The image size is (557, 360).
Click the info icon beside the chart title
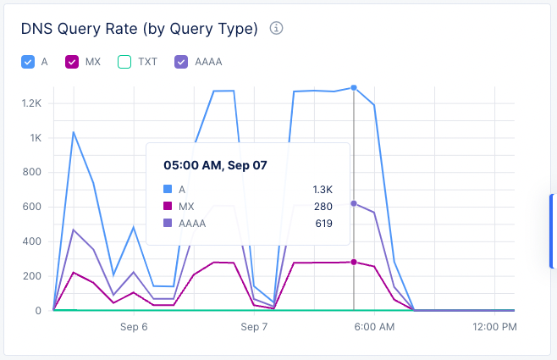click(x=276, y=29)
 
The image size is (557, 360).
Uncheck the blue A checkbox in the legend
click(x=28, y=62)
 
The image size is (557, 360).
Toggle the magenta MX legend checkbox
click(x=72, y=62)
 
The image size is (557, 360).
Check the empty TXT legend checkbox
click(x=124, y=62)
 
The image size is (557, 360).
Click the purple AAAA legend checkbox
click(x=180, y=62)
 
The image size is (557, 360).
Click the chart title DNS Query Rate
click(x=139, y=29)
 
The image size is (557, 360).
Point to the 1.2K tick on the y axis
click(x=31, y=103)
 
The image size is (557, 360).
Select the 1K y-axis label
click(x=36, y=138)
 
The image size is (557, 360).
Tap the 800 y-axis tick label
click(x=33, y=173)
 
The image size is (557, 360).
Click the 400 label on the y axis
click(x=33, y=241)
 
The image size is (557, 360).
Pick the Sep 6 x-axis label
click(x=134, y=326)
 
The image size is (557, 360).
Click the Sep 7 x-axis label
click(x=254, y=326)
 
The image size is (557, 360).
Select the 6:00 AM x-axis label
click(x=374, y=326)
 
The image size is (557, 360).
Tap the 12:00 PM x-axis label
click(x=494, y=326)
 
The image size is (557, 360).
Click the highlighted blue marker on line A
click(x=354, y=87)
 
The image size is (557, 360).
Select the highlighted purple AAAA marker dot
click(x=354, y=203)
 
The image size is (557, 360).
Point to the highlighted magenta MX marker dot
click(x=354, y=262)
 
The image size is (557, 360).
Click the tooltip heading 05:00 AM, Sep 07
click(x=215, y=165)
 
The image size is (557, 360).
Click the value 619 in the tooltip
click(x=322, y=224)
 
